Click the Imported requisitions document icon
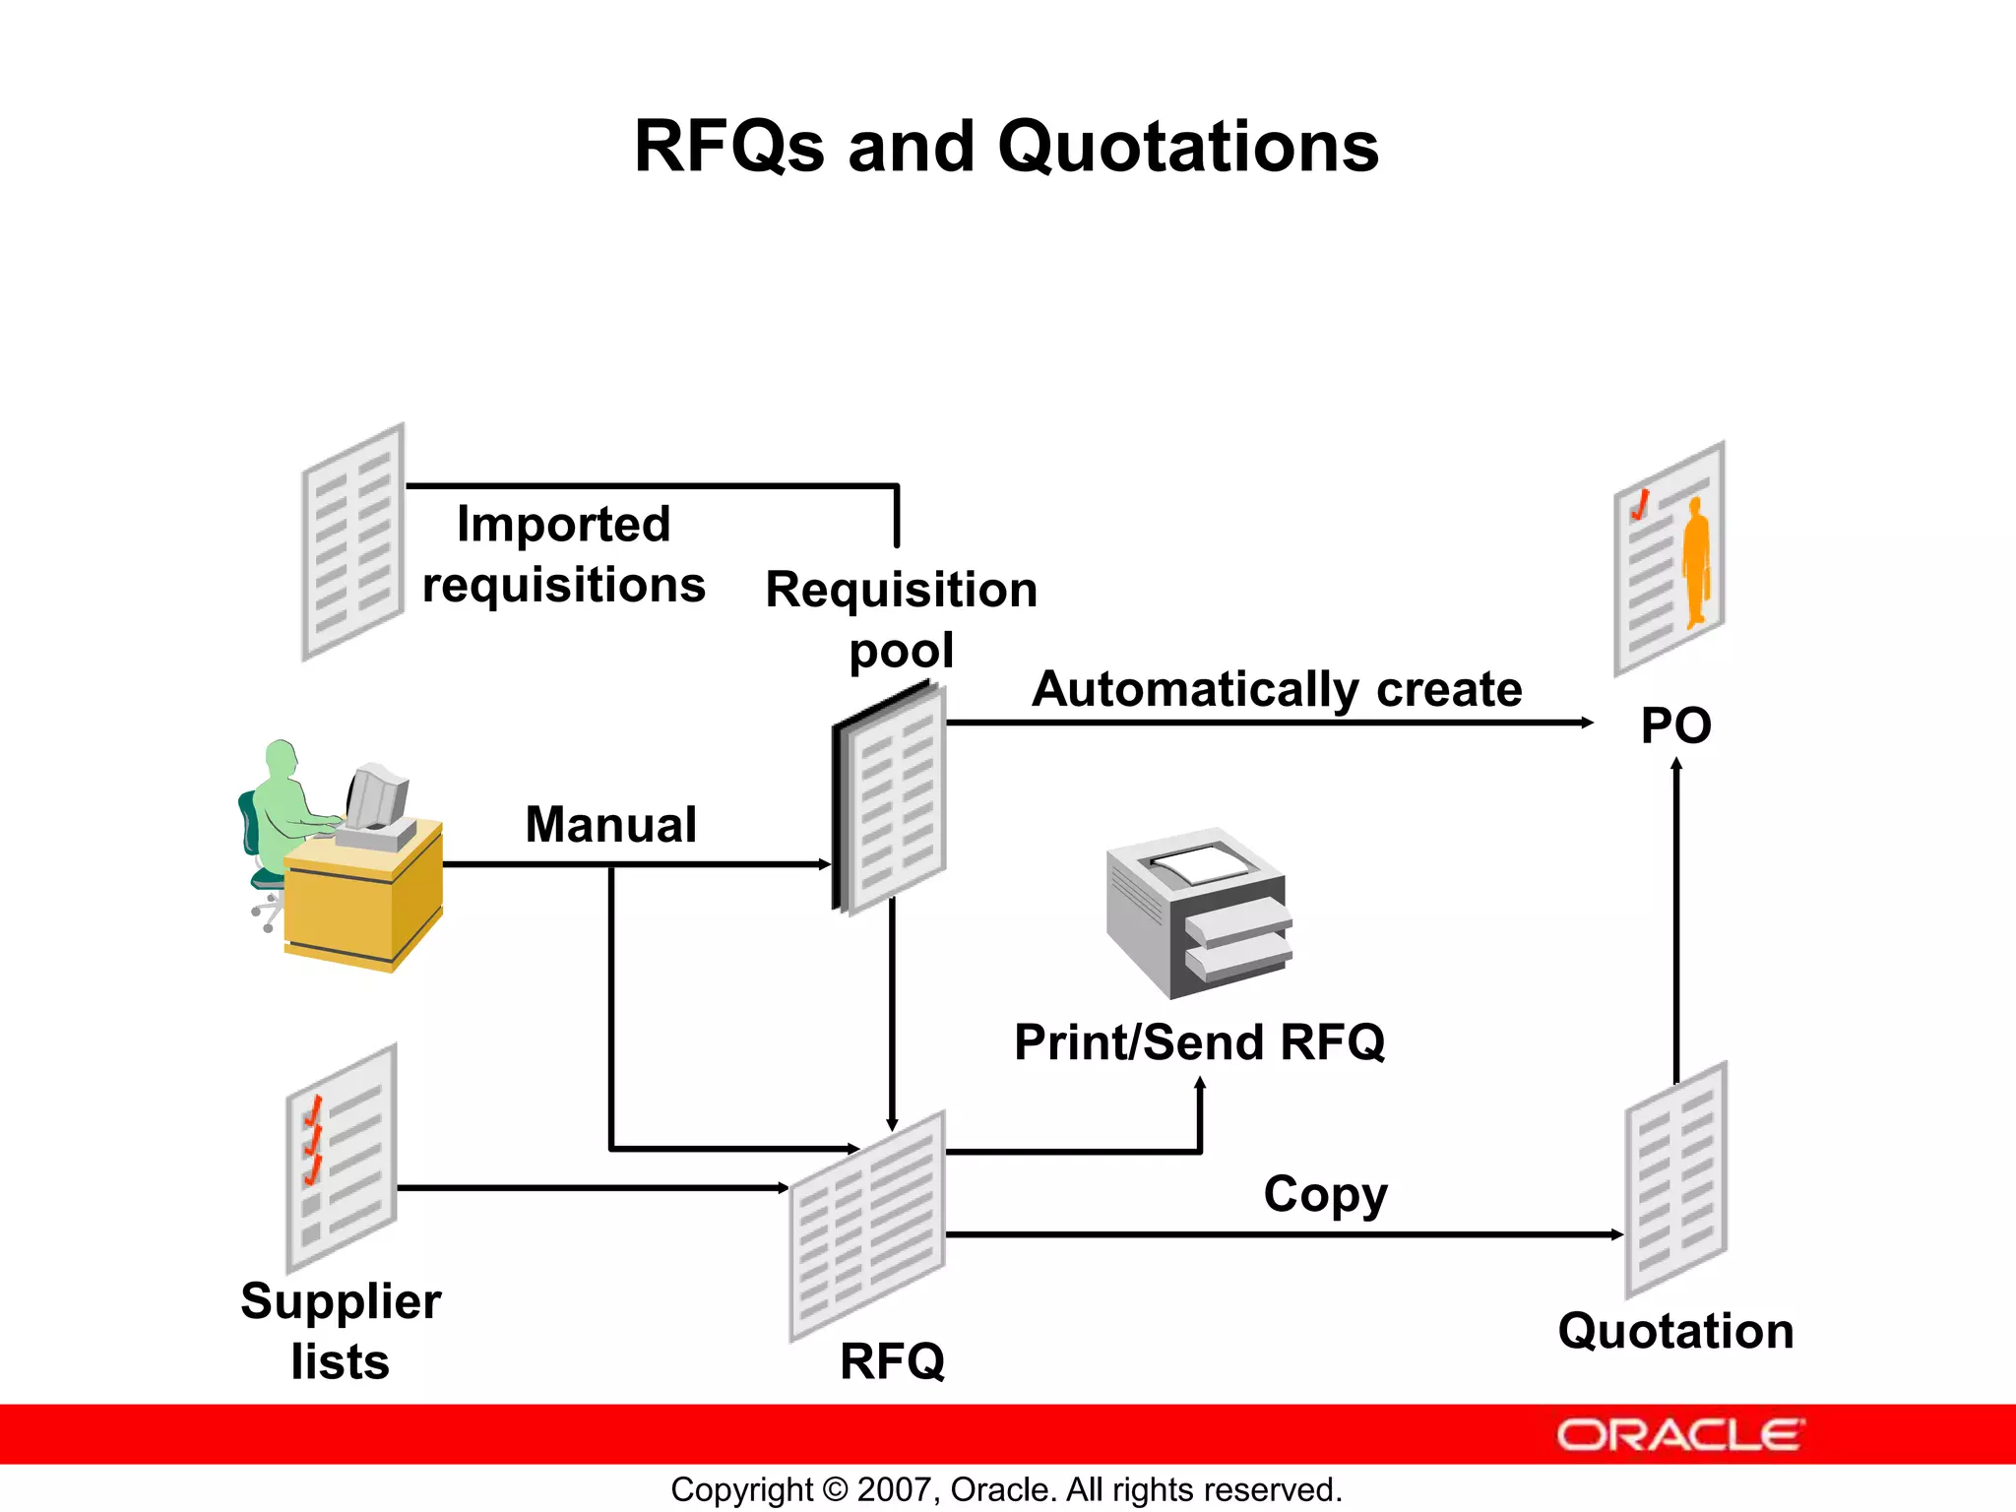352,542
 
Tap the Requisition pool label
901,619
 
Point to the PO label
1675,726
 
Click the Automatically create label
1277,689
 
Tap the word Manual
610,825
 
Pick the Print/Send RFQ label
1199,1042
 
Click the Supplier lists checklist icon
341,1159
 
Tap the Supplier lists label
341,1331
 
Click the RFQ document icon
867,1227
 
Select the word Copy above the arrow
1325,1195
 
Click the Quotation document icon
1675,1179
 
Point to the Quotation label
1675,1331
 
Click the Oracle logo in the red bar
1679,1434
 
